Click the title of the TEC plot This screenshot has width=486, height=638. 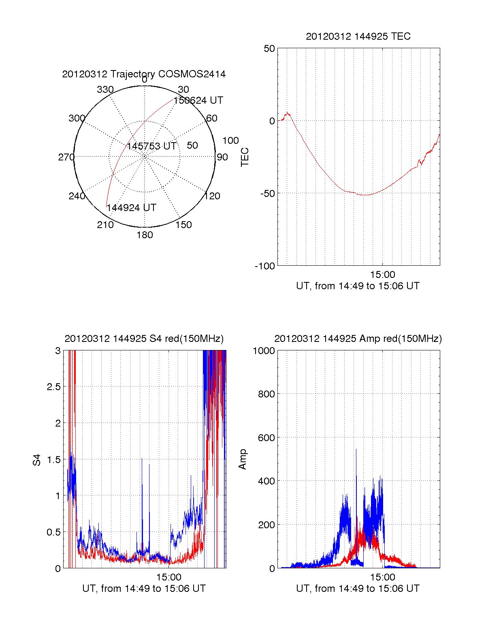click(x=358, y=36)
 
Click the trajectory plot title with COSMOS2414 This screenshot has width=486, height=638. click(x=144, y=74)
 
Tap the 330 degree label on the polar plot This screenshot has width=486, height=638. click(x=105, y=90)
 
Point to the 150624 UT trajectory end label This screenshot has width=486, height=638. click(x=198, y=100)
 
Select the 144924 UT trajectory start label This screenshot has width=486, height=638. click(x=131, y=208)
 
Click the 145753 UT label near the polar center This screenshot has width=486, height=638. click(x=151, y=146)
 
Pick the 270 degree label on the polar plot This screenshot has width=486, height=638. click(x=66, y=157)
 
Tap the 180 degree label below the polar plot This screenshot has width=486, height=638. click(x=145, y=235)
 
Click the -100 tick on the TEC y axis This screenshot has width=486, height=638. click(x=265, y=266)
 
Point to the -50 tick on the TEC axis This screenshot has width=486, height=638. click(x=267, y=194)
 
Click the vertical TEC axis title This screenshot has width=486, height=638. click(x=245, y=157)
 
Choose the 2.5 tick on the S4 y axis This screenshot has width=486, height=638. click(x=53, y=387)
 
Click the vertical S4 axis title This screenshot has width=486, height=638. click(x=37, y=460)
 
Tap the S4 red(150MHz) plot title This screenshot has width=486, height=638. click(x=144, y=339)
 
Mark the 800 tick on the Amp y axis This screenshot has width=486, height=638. click(x=266, y=394)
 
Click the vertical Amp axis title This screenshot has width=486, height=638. click(x=243, y=459)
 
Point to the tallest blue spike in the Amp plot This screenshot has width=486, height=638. click(x=356, y=450)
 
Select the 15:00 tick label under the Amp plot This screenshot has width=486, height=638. click(x=382, y=577)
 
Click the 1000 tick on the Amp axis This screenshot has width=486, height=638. click(x=264, y=350)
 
